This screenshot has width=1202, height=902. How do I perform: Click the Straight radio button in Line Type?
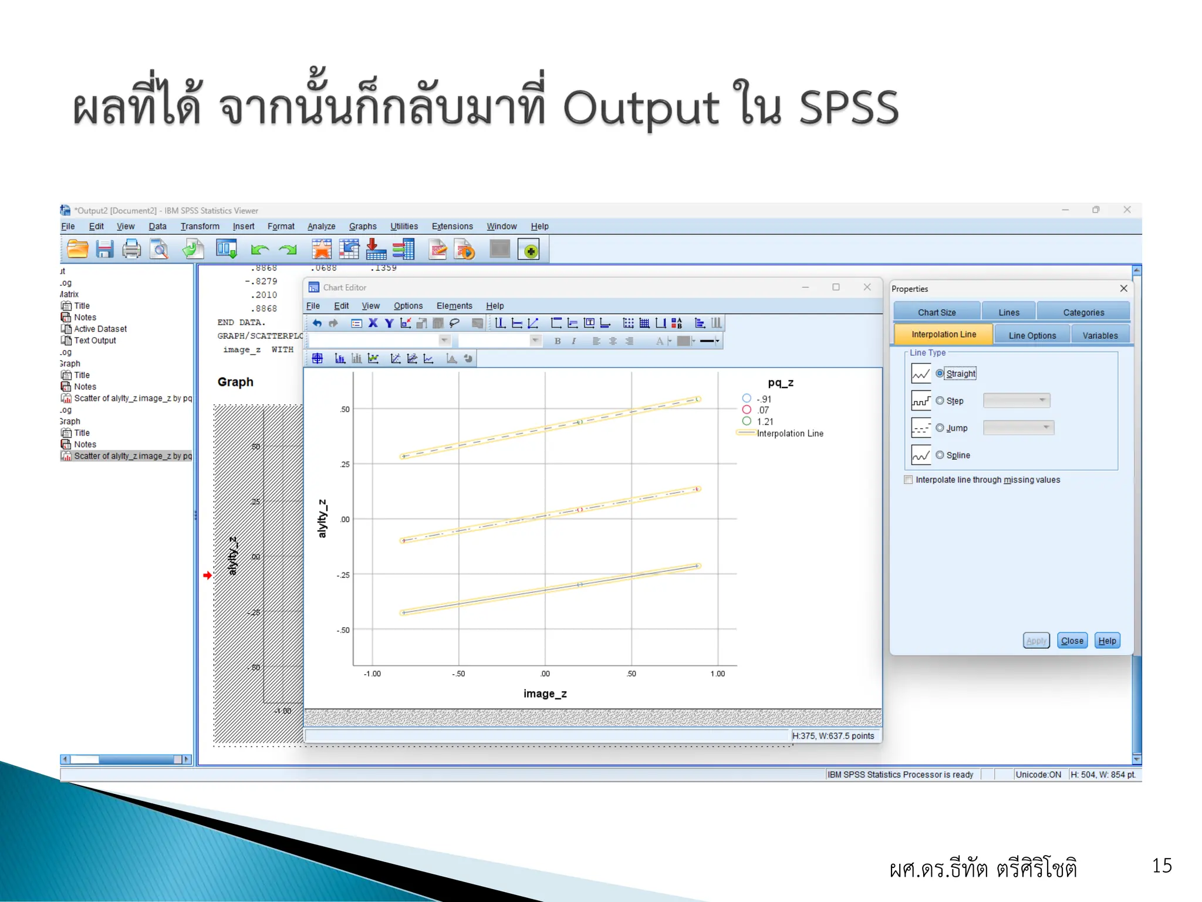point(940,373)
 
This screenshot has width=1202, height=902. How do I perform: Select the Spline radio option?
point(940,455)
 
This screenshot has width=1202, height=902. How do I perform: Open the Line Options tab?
point(1032,335)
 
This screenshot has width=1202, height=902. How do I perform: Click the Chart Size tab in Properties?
point(937,312)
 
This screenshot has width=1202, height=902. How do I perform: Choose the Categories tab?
point(1083,312)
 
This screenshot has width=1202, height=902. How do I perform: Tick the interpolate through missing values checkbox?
point(909,480)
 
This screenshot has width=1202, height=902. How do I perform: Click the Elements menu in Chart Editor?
point(454,306)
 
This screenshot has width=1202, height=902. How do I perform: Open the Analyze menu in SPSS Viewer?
point(321,227)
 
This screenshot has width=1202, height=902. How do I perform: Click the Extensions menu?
point(452,227)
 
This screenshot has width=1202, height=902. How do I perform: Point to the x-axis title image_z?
point(545,694)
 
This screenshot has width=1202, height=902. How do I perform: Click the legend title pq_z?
point(781,383)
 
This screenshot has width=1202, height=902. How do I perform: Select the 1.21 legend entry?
point(765,422)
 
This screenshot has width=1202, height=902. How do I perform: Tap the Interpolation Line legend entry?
point(789,433)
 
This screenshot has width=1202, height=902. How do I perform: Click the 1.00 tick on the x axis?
point(717,674)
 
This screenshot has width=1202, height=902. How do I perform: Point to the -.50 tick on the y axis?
point(343,630)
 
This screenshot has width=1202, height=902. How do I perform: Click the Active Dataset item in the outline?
point(100,329)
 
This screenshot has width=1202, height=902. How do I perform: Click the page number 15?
point(1162,866)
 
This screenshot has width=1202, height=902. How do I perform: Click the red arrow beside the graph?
point(207,575)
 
